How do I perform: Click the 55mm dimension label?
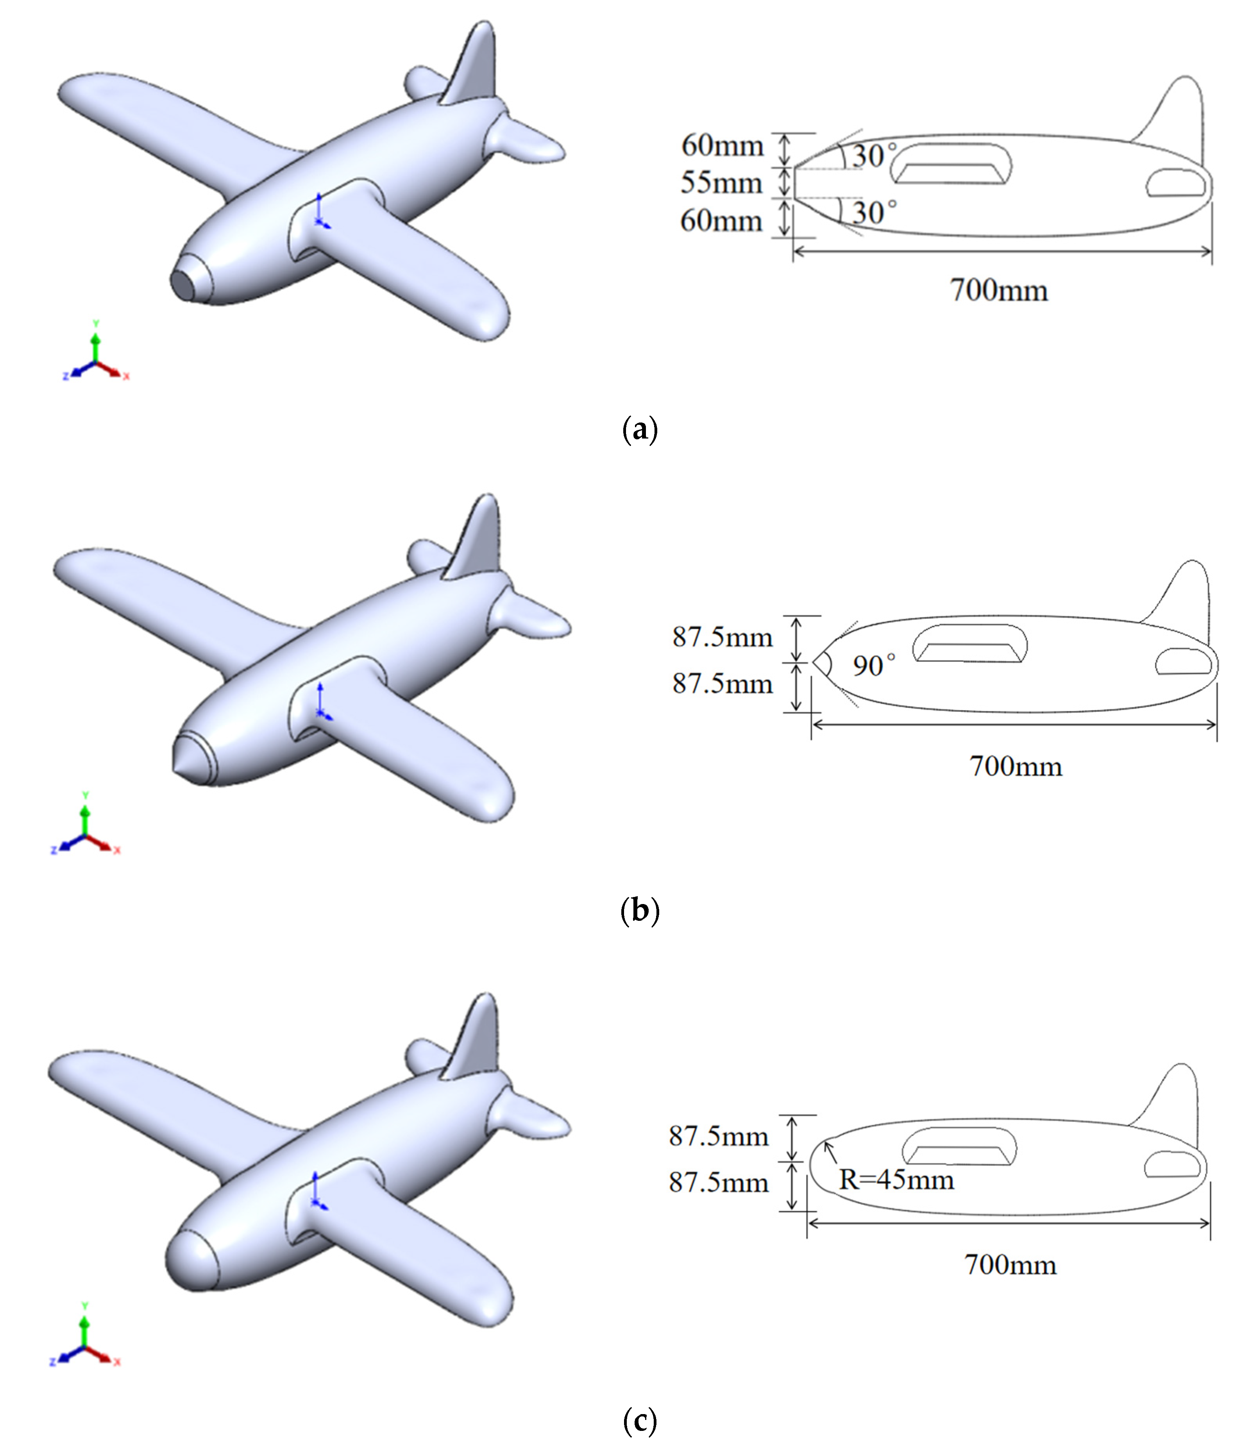pyautogui.click(x=722, y=184)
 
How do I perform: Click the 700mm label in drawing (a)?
pyautogui.click(x=998, y=290)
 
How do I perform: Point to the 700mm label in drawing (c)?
pyautogui.click(x=1010, y=1265)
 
